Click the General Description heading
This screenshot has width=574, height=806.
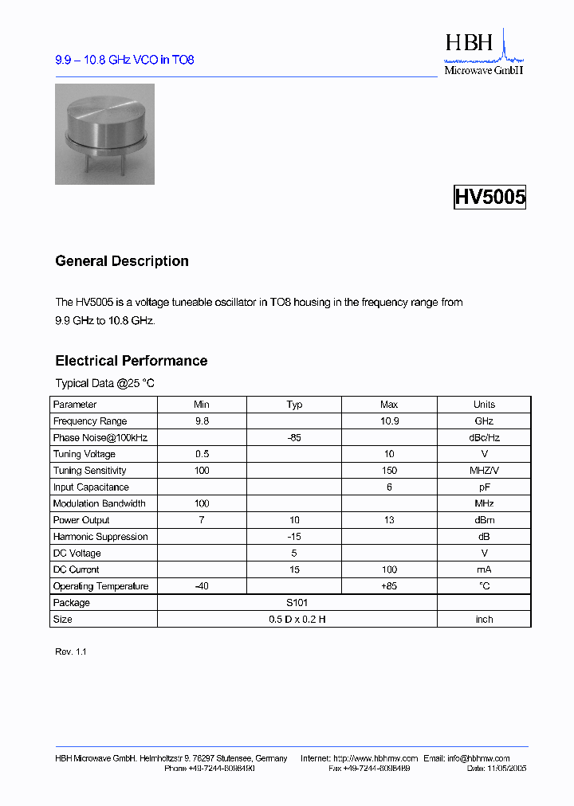coord(122,261)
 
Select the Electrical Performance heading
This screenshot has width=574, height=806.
coord(132,361)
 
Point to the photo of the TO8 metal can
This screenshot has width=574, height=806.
coord(104,134)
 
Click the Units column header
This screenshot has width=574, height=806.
coord(484,405)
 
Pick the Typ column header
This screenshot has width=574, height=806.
coord(294,405)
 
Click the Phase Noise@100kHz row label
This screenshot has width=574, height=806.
coord(100,437)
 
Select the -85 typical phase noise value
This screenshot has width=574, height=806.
coord(294,437)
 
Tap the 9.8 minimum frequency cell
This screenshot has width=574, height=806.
coord(202,421)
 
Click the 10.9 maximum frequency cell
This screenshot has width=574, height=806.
coord(389,421)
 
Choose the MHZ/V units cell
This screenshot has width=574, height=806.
coord(484,471)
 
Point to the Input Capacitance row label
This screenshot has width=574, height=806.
coord(91,487)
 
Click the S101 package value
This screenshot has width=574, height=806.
coord(297,603)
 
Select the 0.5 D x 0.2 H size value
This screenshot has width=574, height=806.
coord(297,620)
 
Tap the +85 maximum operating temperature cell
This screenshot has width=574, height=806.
coord(389,586)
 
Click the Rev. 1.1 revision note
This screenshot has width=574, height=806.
coord(71,651)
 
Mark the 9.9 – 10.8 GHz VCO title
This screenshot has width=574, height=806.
coord(124,61)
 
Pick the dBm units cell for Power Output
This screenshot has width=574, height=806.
coord(484,520)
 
